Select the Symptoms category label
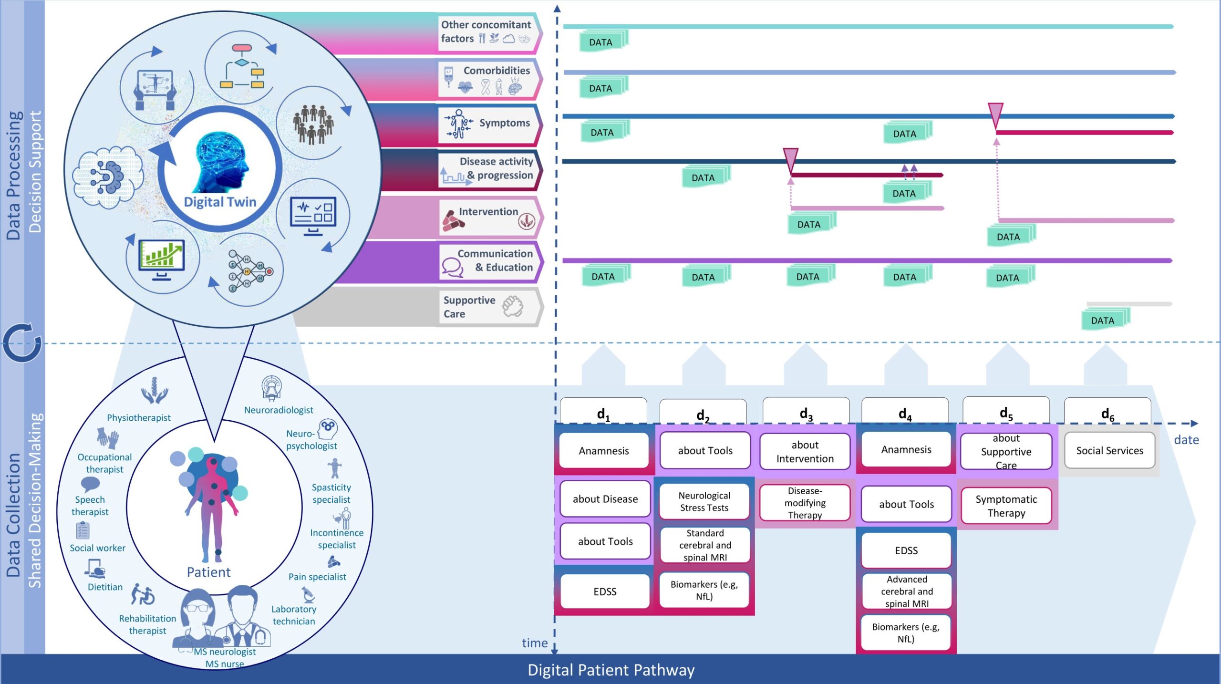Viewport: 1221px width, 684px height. pyautogui.click(x=504, y=123)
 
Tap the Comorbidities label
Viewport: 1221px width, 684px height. pyautogui.click(x=496, y=71)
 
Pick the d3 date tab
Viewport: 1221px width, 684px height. pyautogui.click(x=806, y=412)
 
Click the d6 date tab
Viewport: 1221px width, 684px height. pyautogui.click(x=1107, y=413)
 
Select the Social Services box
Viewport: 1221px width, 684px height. pyautogui.click(x=1109, y=451)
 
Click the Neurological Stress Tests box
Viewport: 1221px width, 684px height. pyautogui.click(x=704, y=501)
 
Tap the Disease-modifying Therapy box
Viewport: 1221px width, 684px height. pyautogui.click(x=805, y=503)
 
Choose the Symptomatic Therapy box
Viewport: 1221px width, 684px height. pyautogui.click(x=1006, y=506)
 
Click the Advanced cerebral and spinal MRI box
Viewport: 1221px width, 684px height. pyautogui.click(x=906, y=591)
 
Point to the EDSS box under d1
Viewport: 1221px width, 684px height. pyautogui.click(x=605, y=591)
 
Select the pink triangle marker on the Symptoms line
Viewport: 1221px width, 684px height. pyautogui.click(x=995, y=114)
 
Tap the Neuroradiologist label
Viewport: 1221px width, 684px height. pyautogui.click(x=279, y=410)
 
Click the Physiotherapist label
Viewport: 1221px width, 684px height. pyautogui.click(x=138, y=418)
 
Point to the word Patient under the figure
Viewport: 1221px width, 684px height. pyautogui.click(x=208, y=572)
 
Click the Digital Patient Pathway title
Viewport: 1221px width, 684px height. pyautogui.click(x=610, y=670)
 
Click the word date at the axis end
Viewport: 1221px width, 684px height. pyautogui.click(x=1186, y=440)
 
